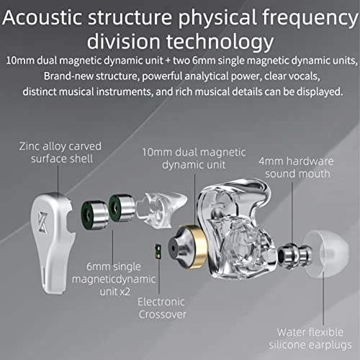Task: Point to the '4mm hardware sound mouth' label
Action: (x=294, y=166)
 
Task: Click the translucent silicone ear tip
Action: (x=328, y=260)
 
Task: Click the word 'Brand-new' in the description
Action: (x=69, y=75)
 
